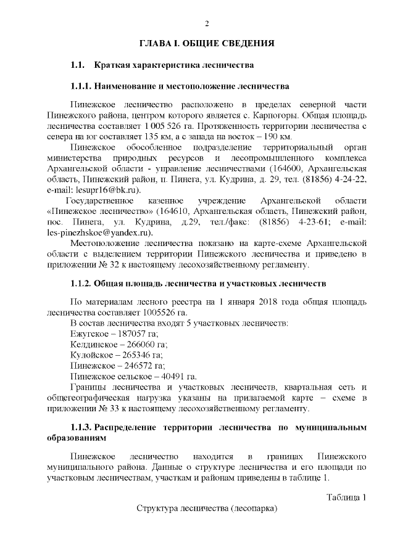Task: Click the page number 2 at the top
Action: [207, 23]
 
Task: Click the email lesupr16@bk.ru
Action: [105, 192]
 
